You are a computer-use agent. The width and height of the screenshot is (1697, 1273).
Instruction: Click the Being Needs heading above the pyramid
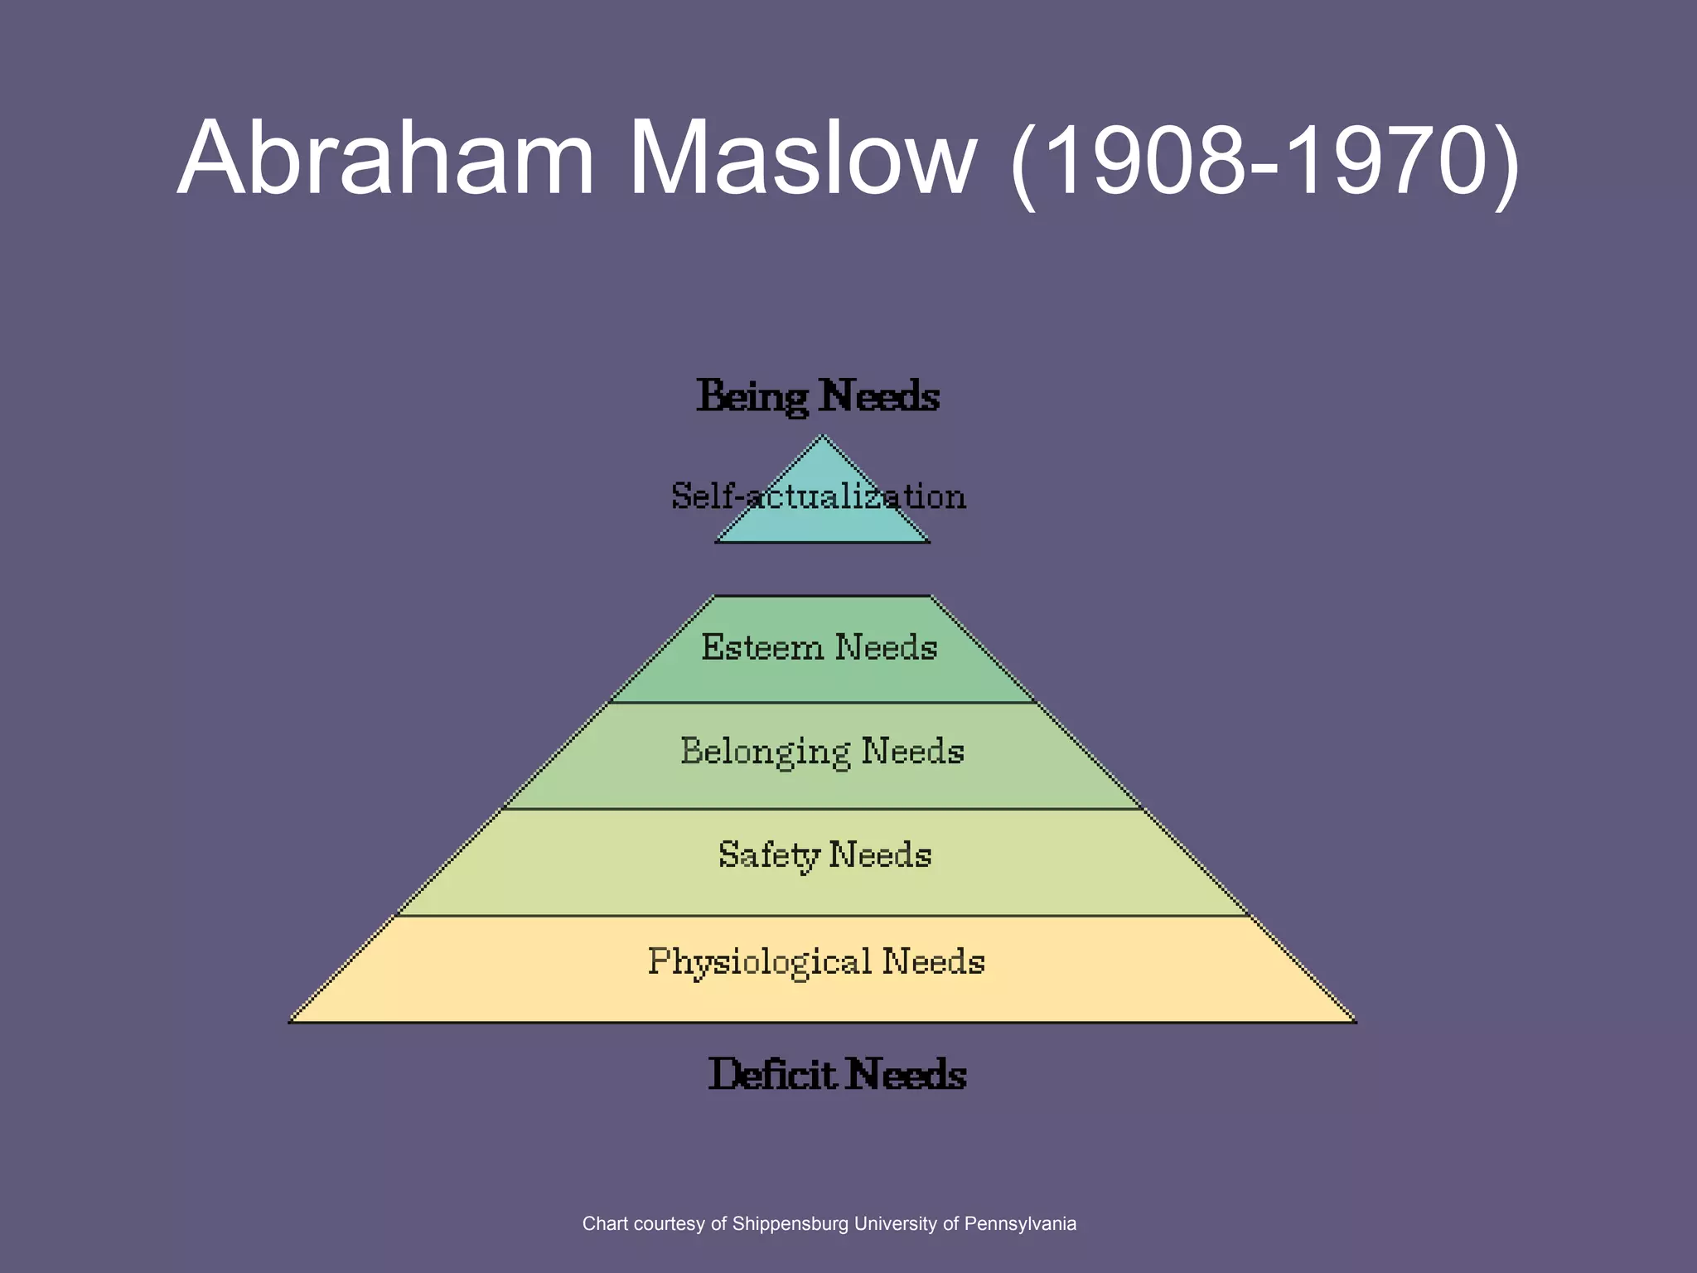pos(818,396)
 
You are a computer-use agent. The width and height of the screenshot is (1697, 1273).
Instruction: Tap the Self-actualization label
pos(819,496)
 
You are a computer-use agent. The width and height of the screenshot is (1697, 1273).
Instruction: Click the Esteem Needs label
pos(819,647)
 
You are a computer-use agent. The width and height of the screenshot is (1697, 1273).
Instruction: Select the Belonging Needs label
pos(822,752)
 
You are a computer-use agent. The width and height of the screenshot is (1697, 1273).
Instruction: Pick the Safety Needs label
pos(824,855)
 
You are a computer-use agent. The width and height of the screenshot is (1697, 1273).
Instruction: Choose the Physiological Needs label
pos(816,962)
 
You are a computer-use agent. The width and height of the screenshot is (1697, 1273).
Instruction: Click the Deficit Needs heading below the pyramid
pos(837,1075)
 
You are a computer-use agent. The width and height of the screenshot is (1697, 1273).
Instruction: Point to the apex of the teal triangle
pos(822,437)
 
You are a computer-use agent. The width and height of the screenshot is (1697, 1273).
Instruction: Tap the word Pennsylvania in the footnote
pos(1020,1223)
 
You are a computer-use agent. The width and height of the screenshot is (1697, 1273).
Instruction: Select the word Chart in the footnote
pos(602,1223)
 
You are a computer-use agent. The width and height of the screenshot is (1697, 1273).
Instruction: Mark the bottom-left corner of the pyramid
pos(291,1022)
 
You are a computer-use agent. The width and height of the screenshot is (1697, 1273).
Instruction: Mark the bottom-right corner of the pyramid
pos(1355,1022)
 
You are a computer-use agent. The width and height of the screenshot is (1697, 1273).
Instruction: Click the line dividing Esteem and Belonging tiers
pos(822,703)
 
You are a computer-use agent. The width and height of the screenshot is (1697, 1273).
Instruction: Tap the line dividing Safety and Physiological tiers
pos(822,916)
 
